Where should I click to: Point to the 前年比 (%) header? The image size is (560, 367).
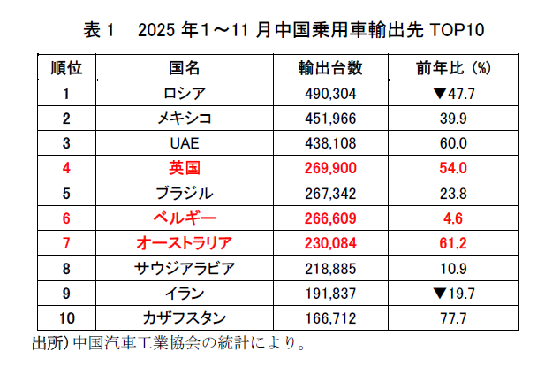tap(453, 67)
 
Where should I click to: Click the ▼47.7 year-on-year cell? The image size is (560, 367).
tap(453, 93)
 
